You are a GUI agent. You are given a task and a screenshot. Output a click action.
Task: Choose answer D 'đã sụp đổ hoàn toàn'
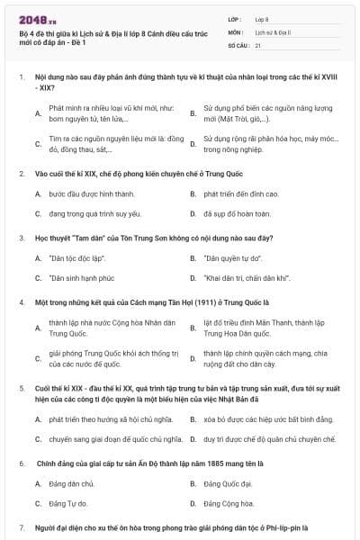point(237,214)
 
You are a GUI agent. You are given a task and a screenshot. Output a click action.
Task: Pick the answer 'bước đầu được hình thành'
point(85,193)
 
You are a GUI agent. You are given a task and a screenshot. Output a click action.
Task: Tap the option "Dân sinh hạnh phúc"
point(82,278)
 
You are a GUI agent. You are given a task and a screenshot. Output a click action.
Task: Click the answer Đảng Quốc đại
point(227,483)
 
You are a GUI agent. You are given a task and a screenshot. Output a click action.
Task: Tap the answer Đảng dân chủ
point(76,483)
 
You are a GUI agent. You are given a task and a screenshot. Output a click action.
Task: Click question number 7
point(22,526)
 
